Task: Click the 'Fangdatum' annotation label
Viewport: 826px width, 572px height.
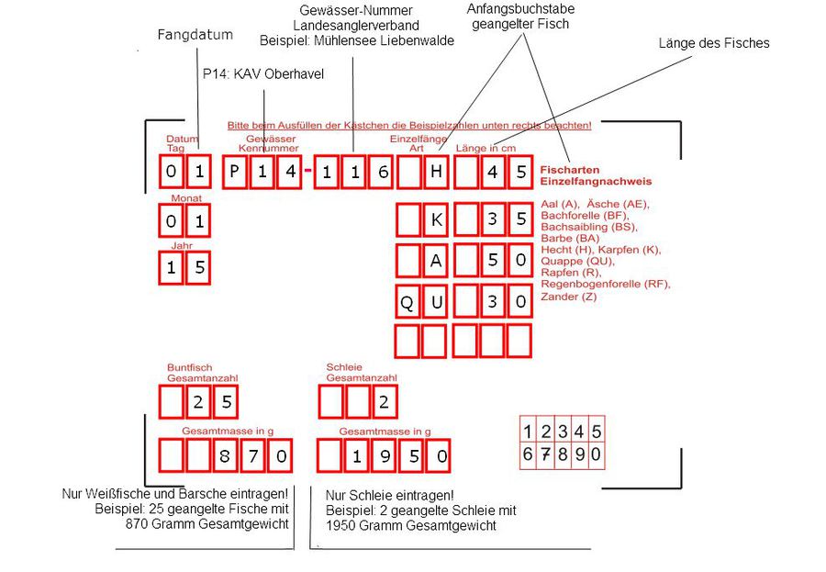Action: click(x=195, y=35)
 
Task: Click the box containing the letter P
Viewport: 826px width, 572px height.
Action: click(x=235, y=171)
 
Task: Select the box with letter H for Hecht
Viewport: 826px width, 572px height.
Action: click(x=436, y=171)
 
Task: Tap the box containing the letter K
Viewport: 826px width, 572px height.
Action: click(x=436, y=219)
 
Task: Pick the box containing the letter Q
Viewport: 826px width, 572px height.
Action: click(x=407, y=300)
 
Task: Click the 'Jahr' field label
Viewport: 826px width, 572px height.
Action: click(x=181, y=246)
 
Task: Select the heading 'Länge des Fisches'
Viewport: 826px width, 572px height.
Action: click(x=714, y=43)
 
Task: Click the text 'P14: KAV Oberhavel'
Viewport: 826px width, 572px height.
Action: click(x=263, y=73)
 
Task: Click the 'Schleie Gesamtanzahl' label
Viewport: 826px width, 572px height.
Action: click(x=361, y=372)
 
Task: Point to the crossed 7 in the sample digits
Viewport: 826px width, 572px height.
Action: click(x=547, y=454)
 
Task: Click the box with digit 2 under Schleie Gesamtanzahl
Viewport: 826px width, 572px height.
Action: click(x=385, y=401)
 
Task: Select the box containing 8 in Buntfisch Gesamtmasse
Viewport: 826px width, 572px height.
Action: click(x=224, y=454)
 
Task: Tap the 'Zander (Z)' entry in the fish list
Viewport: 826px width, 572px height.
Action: click(x=570, y=297)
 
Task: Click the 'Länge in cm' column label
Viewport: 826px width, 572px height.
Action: click(x=486, y=148)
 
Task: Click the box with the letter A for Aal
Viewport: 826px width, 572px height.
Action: click(x=436, y=260)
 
